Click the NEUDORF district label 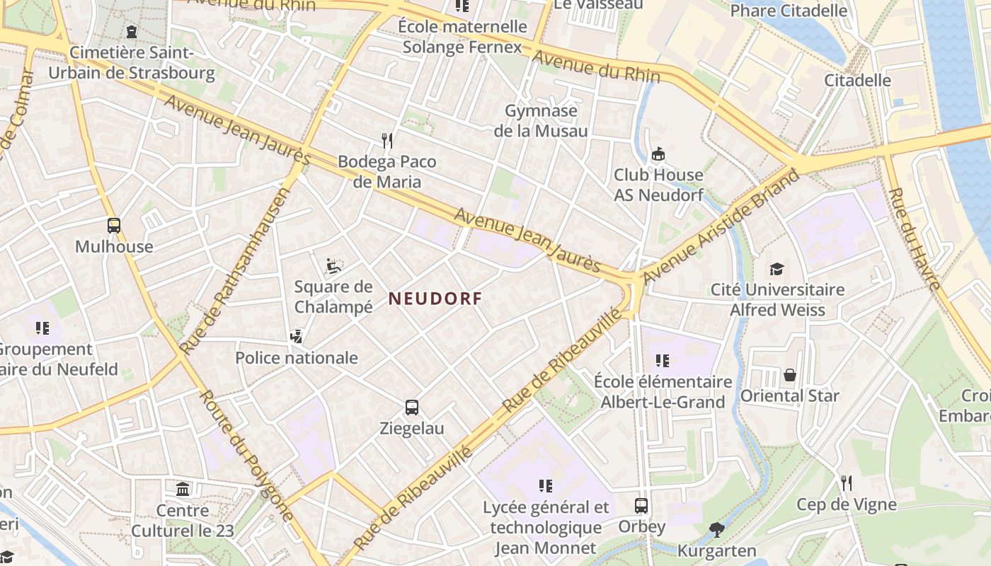(435, 299)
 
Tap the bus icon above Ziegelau (412, 408)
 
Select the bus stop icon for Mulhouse (114, 226)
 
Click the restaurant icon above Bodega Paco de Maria (386, 140)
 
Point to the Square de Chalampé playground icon (333, 266)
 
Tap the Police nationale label (297, 358)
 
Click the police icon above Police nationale (297, 337)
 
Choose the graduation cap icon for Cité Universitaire (777, 269)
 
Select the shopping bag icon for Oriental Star (789, 375)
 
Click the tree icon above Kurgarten (716, 529)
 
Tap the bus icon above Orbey (641, 506)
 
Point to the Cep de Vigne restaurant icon (846, 483)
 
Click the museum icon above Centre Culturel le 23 (183, 489)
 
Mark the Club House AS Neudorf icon (658, 154)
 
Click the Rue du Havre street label (914, 239)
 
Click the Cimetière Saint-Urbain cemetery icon (132, 32)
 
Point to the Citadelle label (857, 80)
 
